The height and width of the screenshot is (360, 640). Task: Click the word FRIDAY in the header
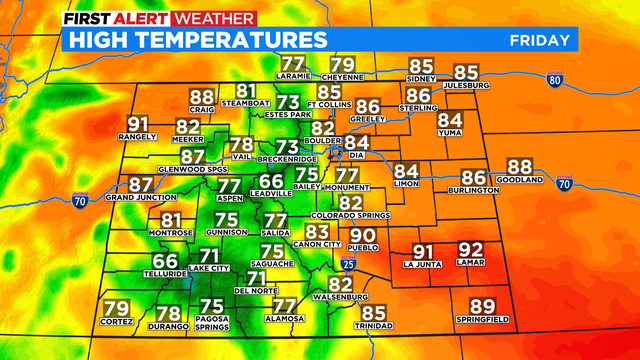540,39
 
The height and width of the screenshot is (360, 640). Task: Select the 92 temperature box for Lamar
470,250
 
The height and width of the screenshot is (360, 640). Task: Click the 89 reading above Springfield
482,307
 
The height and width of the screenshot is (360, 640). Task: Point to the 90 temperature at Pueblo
363,235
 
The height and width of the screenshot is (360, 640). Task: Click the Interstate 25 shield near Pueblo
348,263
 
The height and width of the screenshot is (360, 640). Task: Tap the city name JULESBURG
466,85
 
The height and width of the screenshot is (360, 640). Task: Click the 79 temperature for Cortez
116,308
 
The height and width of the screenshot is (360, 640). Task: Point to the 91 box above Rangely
138,125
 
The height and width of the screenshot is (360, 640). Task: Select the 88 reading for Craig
202,97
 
